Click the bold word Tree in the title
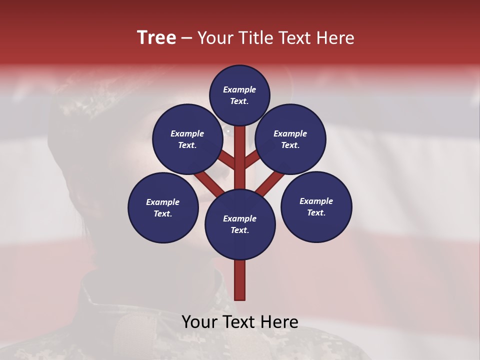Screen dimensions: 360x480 coord(156,38)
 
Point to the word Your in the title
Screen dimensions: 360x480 coord(215,38)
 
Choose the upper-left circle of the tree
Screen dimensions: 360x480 coord(187,139)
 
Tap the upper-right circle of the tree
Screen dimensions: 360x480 coord(290,139)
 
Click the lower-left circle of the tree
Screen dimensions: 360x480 coord(163,207)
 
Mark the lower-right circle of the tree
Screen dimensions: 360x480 coord(316,206)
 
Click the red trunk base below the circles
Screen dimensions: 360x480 coord(240,280)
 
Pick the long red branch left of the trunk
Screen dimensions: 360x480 coord(208,183)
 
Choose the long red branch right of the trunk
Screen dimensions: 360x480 coord(271,183)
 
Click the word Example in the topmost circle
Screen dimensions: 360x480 coord(239,89)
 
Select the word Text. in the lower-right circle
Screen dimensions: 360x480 coord(316,212)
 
